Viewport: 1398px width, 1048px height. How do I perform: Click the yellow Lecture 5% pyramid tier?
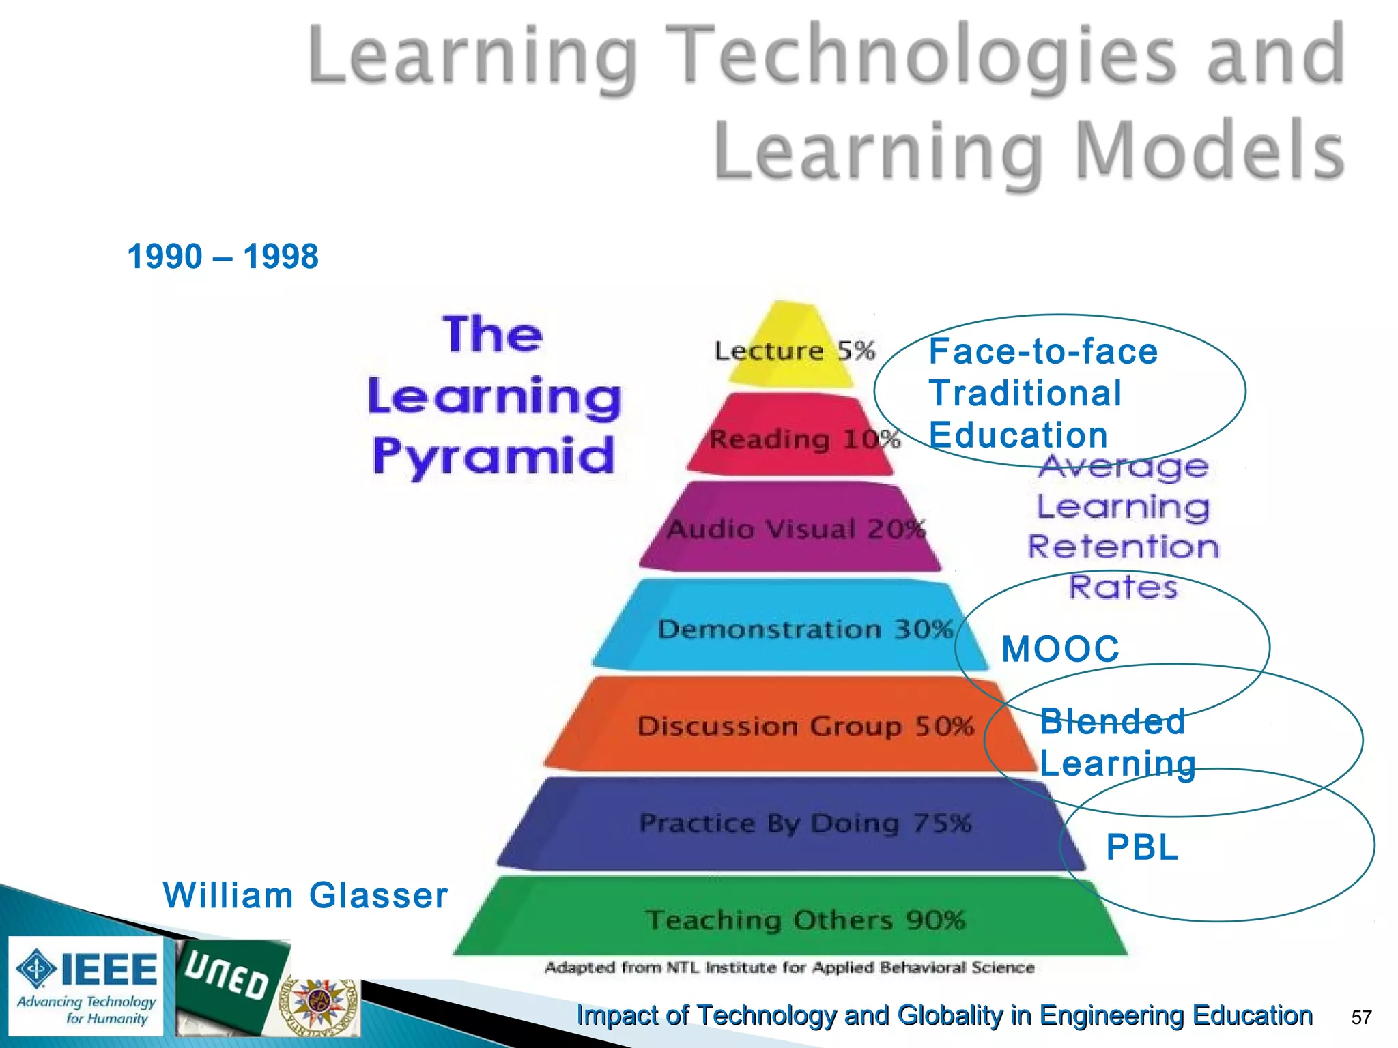792,348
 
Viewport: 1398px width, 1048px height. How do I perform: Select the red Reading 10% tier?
792,437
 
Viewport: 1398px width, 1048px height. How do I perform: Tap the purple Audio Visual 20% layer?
792,529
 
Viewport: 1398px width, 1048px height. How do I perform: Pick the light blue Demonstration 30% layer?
792,628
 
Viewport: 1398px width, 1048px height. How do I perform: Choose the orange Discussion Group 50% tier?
792,725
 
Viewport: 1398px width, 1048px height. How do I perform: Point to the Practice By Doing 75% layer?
792,824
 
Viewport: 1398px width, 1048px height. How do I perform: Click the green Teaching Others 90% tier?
792,919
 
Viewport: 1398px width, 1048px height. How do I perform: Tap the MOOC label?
1060,649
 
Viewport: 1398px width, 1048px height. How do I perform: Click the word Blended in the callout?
1112,722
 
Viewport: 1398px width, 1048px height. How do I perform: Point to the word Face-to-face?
1043,352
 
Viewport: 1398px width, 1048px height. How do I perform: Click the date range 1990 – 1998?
223,257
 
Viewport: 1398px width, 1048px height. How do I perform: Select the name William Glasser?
305,895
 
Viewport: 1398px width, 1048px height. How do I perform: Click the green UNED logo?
229,982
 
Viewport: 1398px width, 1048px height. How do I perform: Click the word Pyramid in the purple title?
493,456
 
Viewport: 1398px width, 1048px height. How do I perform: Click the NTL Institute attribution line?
789,967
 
